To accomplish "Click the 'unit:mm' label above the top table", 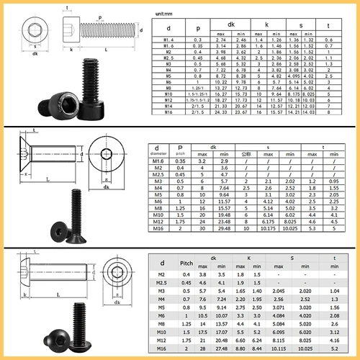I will tap(166, 14).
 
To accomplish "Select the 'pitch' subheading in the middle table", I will tap(180, 153).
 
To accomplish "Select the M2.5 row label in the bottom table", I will tap(161, 283).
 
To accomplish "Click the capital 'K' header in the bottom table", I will tap(248, 257).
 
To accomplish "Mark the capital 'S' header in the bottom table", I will tap(292, 257).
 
